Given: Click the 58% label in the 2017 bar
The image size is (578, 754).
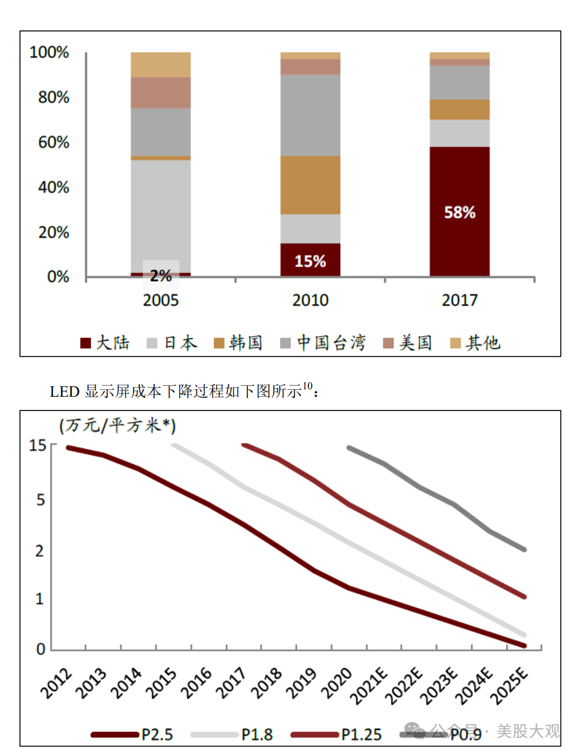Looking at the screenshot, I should [459, 212].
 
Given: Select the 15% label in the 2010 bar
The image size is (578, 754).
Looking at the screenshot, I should [310, 261].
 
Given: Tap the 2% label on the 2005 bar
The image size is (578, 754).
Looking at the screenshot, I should [161, 275].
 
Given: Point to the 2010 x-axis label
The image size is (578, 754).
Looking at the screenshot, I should [310, 300].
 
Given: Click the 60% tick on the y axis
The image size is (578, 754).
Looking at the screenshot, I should [54, 142].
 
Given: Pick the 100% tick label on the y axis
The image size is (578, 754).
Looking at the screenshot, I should [49, 52].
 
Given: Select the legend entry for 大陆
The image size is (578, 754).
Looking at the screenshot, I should [105, 343].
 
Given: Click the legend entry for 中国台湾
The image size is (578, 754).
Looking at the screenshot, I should [323, 343].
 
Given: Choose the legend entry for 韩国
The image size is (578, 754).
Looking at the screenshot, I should [238, 343].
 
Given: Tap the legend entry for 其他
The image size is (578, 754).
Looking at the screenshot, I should [475, 343].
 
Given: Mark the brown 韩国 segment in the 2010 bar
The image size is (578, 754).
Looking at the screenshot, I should [310, 185].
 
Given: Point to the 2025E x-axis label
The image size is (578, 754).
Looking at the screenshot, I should [509, 685].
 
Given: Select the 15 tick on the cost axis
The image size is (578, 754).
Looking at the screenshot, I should [38, 445].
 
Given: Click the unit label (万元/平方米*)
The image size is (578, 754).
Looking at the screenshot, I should [117, 425].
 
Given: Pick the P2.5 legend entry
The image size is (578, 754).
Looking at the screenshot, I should [132, 735].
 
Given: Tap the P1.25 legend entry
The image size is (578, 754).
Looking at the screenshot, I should [336, 735].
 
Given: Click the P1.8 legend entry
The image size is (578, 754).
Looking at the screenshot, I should [232, 735].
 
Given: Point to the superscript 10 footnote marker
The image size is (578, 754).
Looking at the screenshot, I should [308, 386].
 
